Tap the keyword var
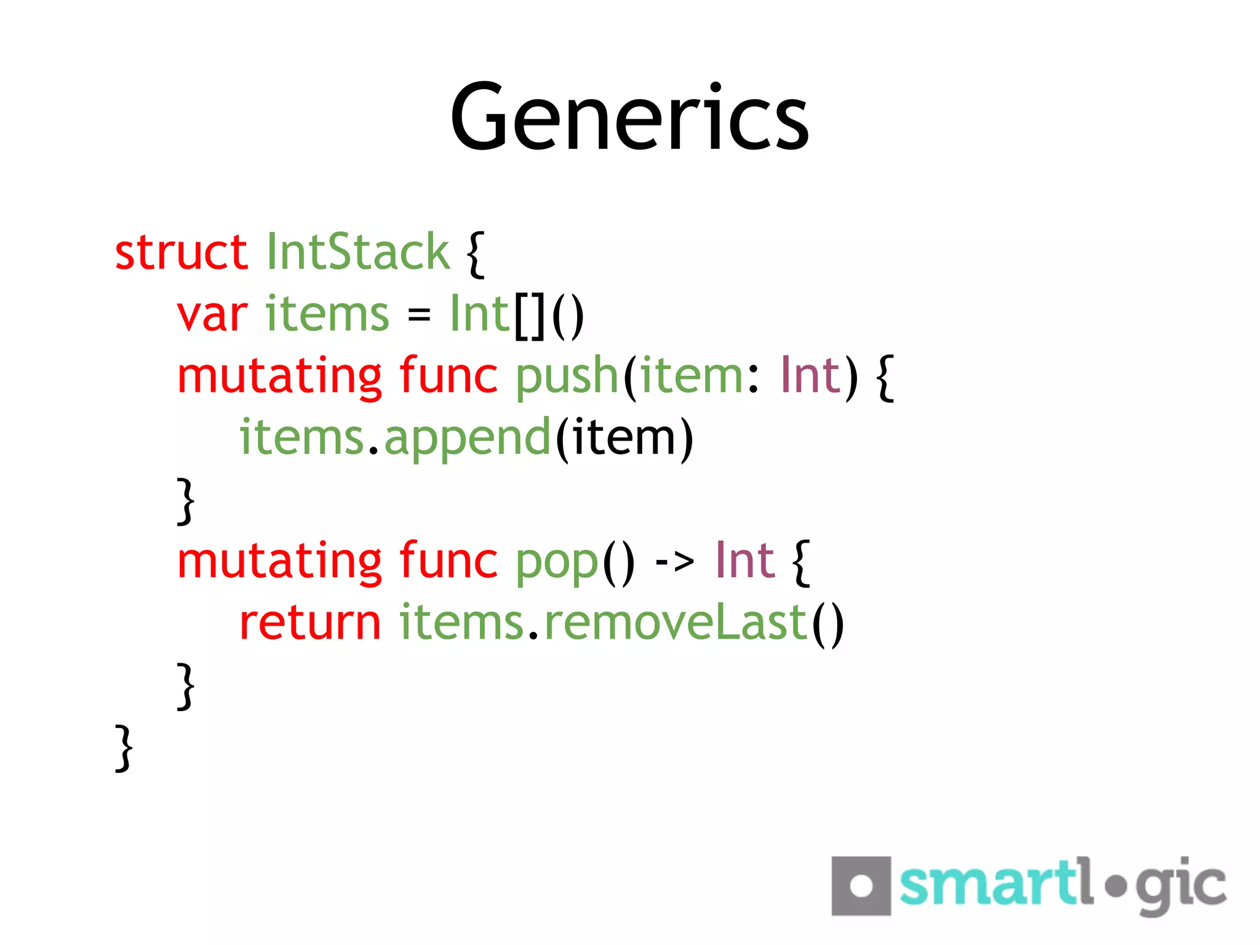(x=212, y=315)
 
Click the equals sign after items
(x=419, y=316)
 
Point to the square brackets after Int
(x=530, y=316)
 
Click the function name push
(x=566, y=377)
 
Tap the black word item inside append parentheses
(x=624, y=438)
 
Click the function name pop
(x=556, y=562)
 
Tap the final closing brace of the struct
(x=124, y=748)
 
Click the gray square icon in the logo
(x=861, y=886)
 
